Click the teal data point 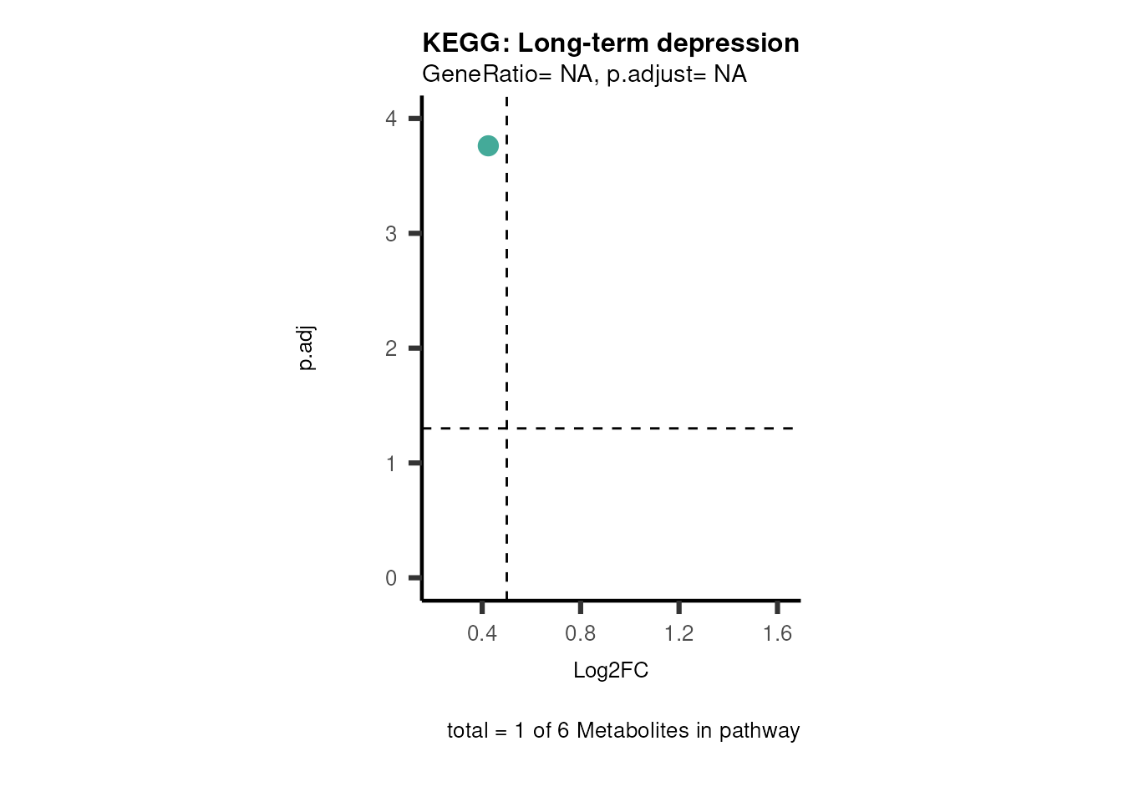pos(488,146)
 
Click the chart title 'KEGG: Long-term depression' pos(610,43)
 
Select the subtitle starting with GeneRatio pos(584,74)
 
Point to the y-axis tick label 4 pos(391,119)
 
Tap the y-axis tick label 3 pos(391,234)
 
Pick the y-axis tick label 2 pos(391,348)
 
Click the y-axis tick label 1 pos(391,464)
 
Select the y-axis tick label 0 pos(391,578)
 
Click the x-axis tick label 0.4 pos(482,634)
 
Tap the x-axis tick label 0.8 pos(581,634)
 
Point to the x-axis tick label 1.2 pos(679,634)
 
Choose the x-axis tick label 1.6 pos(777,634)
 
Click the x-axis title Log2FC pos(611,671)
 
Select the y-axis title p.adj pos(307,348)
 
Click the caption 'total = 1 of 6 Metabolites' pos(623,731)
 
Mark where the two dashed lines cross pos(506,429)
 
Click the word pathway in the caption pos(760,731)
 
